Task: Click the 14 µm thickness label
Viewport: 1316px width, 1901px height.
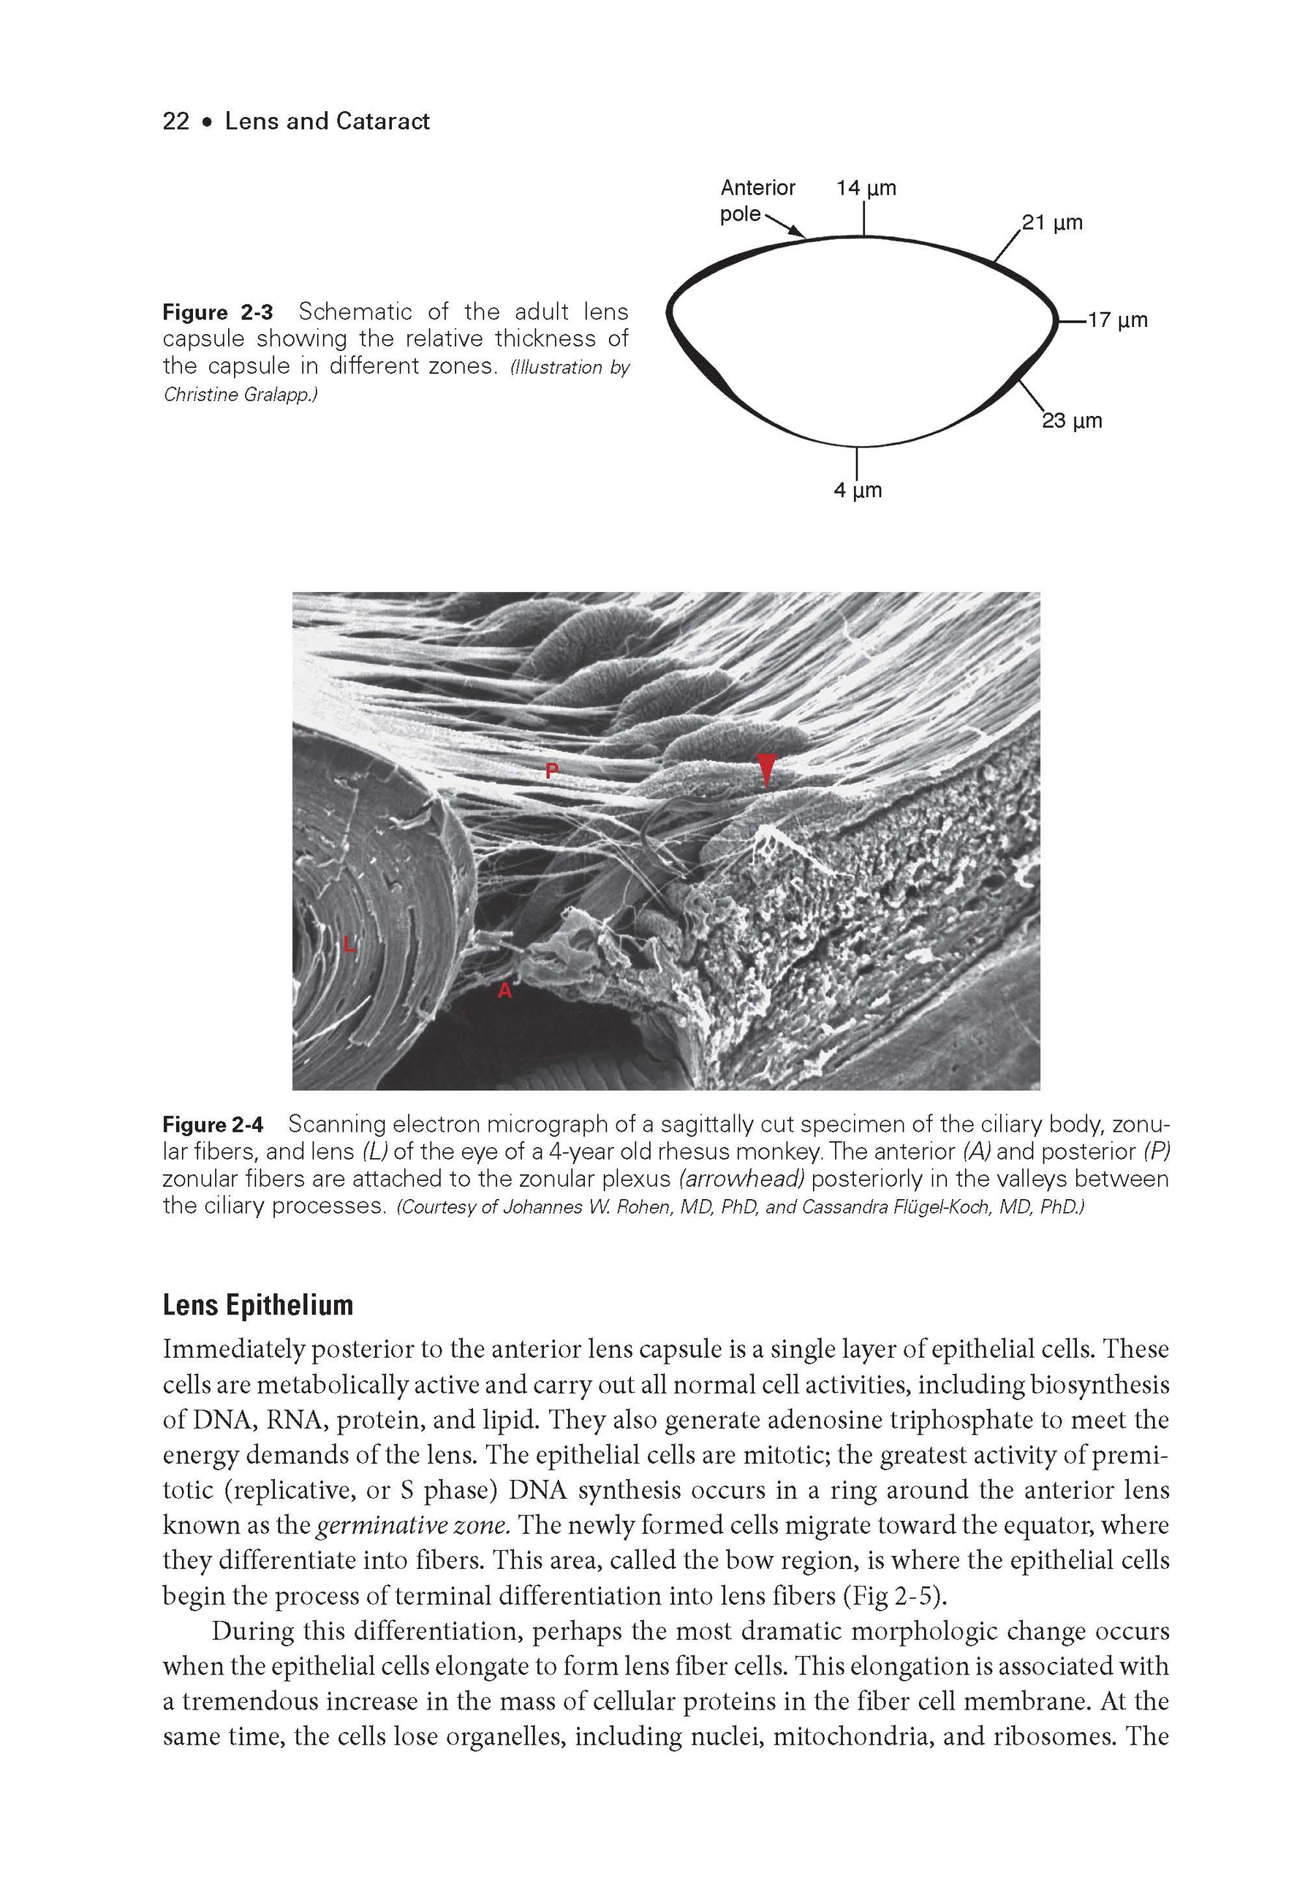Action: [x=866, y=188]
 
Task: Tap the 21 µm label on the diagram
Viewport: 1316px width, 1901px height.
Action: [x=1052, y=222]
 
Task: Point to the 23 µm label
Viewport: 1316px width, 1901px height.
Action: [x=1072, y=421]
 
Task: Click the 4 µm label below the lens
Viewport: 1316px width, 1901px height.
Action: [x=858, y=491]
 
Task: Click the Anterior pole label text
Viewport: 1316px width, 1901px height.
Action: [x=756, y=200]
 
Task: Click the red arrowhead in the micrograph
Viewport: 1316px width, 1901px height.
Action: [x=766, y=769]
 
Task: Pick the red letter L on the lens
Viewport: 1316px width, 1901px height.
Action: [x=349, y=945]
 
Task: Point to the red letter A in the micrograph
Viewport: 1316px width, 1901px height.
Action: [x=504, y=991]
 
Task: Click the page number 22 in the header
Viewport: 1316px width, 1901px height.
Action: [x=175, y=121]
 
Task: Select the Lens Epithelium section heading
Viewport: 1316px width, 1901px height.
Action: [x=257, y=1305]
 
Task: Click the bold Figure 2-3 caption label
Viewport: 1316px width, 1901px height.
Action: [x=218, y=312]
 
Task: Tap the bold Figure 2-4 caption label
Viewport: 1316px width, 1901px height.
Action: [x=213, y=1125]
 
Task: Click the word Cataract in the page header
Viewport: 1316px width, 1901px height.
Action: [x=383, y=121]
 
